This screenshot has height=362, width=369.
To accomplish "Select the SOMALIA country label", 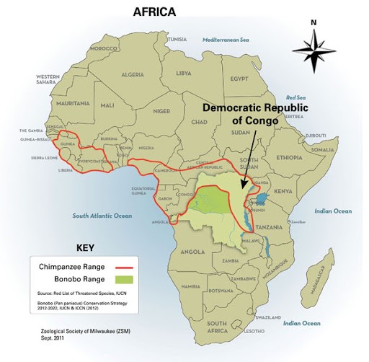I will click(x=324, y=149).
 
